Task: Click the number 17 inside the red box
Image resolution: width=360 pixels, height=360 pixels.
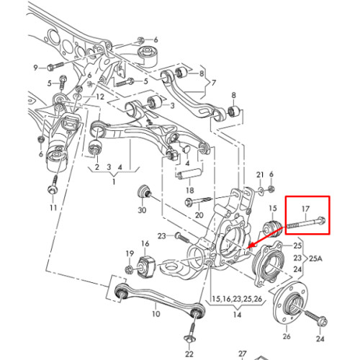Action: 305,209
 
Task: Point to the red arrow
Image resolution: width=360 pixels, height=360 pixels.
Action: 265,238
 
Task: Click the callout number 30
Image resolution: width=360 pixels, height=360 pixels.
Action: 142,210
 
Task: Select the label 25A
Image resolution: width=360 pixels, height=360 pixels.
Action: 315,258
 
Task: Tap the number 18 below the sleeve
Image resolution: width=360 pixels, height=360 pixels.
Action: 189,190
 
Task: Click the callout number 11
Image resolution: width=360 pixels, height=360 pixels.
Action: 53,207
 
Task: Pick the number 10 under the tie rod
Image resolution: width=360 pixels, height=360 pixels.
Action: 156,313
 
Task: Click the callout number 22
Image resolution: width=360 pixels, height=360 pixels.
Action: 189,354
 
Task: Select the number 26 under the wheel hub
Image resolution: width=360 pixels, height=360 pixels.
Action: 287,336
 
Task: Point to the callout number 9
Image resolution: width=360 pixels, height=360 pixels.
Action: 35,68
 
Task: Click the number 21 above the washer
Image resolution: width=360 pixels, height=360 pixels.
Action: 260,175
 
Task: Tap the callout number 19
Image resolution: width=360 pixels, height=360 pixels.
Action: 130,253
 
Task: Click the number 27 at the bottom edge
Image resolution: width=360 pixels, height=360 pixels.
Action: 243,354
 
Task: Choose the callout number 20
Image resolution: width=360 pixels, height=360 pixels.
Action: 199,215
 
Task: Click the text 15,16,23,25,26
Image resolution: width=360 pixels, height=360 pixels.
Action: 237,299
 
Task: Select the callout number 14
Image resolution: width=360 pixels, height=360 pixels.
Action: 237,314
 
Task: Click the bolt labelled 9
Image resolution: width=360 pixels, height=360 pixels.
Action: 55,66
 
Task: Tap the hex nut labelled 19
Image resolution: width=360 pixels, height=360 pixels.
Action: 129,269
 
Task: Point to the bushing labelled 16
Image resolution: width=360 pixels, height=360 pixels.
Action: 145,266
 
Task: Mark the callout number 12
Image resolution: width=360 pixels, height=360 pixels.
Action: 100,96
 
